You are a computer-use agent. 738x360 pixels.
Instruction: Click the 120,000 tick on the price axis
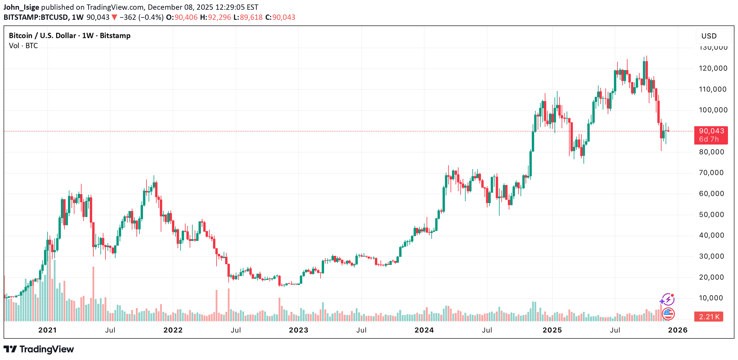[713, 68]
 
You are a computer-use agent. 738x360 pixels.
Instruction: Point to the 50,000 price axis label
[711, 215]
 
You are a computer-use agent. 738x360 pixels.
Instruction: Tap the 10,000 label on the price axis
[711, 298]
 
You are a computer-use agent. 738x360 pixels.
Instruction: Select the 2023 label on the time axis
[298, 330]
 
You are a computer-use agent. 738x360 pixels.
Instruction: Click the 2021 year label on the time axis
[47, 330]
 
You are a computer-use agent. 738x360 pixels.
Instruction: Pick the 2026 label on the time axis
[678, 330]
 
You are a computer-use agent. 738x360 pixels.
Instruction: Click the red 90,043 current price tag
[711, 135]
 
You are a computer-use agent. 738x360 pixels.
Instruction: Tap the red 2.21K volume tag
[708, 317]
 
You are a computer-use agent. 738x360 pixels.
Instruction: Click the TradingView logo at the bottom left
[39, 349]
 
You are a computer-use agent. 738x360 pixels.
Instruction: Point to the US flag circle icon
[668, 314]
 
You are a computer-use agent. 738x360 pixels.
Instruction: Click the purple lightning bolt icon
[668, 300]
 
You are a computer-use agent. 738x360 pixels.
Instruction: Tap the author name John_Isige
[21, 7]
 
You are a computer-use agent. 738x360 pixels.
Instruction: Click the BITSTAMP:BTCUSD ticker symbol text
[36, 17]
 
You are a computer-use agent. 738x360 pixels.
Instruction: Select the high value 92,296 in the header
[219, 17]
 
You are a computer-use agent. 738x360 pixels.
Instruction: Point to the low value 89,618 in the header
[251, 17]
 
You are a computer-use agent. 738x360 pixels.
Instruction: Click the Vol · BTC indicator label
[23, 46]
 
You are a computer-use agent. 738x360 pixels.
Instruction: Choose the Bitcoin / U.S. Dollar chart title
[69, 36]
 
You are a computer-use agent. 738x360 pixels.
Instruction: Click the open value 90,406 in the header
[186, 17]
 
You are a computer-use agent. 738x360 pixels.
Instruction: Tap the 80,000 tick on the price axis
[711, 152]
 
